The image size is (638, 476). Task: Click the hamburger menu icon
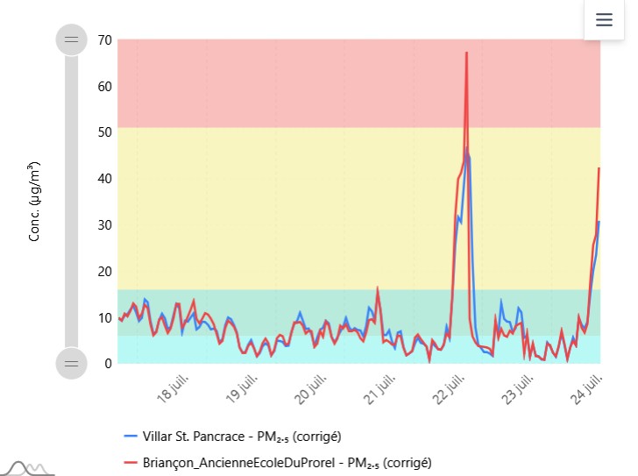pyautogui.click(x=604, y=19)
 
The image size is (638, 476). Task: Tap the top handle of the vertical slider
pyautogui.click(x=72, y=39)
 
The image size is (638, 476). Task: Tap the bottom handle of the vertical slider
pyautogui.click(x=72, y=363)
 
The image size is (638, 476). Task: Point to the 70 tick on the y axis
pyautogui.click(x=104, y=40)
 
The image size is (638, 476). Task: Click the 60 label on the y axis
pyautogui.click(x=104, y=86)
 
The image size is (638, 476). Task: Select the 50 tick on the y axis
pyautogui.click(x=104, y=132)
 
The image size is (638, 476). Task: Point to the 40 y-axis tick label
pyautogui.click(x=104, y=178)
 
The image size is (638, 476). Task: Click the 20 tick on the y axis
pyautogui.click(x=104, y=271)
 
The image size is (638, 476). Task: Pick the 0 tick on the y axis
pyautogui.click(x=108, y=363)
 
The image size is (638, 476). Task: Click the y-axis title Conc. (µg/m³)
pyautogui.click(x=34, y=202)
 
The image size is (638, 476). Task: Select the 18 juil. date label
pyautogui.click(x=174, y=388)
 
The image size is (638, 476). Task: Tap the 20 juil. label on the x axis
pyautogui.click(x=310, y=389)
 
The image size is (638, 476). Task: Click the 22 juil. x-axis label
pyautogui.click(x=449, y=389)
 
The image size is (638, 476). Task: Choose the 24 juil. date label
pyautogui.click(x=586, y=389)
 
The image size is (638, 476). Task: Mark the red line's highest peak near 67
pyautogui.click(x=467, y=53)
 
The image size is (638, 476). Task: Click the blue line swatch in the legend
pyautogui.click(x=131, y=437)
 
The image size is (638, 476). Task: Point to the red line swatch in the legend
pyautogui.click(x=131, y=463)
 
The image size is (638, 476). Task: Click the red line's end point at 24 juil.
pyautogui.click(x=599, y=168)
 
